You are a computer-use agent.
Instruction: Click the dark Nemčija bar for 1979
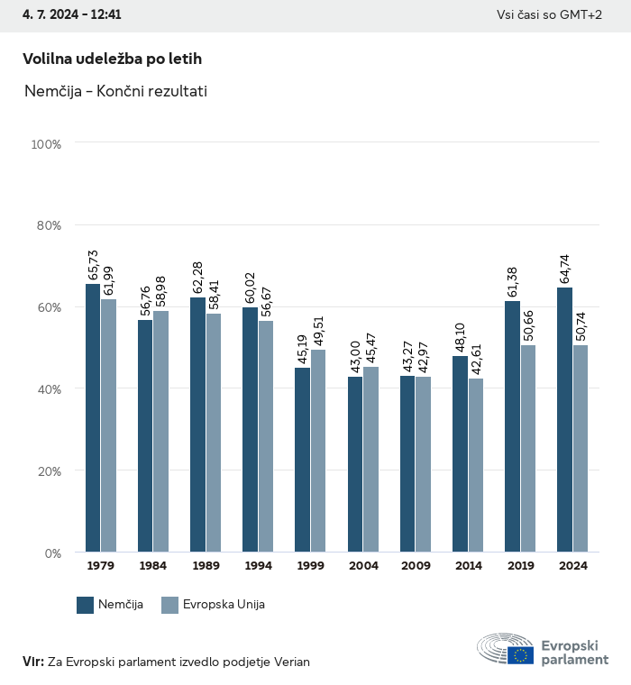(93, 418)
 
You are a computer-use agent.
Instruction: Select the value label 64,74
(565, 269)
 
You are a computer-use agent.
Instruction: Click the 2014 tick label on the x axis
(468, 566)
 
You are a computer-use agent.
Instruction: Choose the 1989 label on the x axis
(206, 566)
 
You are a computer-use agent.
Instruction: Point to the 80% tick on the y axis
(46, 225)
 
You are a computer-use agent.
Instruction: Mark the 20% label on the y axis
(46, 470)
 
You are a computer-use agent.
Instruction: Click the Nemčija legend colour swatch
(86, 605)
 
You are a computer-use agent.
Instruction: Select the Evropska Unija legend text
(224, 605)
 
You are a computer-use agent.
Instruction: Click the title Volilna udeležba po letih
(112, 59)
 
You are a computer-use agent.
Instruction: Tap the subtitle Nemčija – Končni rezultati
(115, 91)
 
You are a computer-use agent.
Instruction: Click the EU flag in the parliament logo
(520, 654)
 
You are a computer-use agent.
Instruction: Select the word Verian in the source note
(290, 662)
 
